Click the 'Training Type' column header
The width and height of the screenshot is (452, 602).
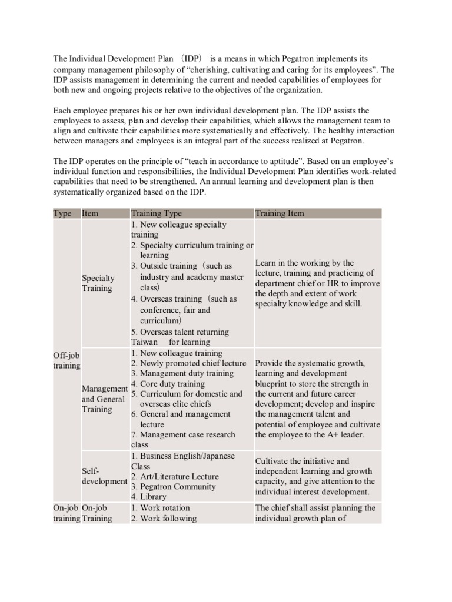pos(156,213)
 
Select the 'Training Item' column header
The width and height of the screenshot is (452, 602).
pos(280,213)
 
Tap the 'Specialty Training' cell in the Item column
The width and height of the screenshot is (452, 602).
pos(98,283)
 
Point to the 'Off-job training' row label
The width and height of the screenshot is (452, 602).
pos(67,360)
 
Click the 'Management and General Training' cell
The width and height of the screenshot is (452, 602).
pos(104,399)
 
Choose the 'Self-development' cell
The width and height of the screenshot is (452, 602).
pos(104,476)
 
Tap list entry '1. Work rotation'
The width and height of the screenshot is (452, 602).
pos(160,507)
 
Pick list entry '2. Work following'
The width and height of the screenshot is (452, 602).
pos(164,518)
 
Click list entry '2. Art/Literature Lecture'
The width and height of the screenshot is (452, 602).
pos(175,476)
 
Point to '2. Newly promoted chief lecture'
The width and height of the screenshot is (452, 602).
pos(188,363)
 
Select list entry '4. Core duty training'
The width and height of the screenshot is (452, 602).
pos(168,384)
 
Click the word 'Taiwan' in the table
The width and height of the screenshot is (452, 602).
pos(144,342)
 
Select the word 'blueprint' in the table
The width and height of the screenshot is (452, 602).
pos(273,384)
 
